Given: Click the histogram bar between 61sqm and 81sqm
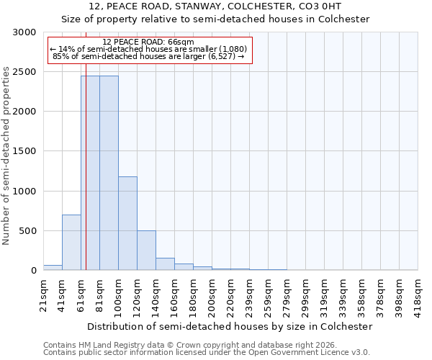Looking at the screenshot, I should [90, 173].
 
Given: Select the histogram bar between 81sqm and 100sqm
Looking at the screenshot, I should [109, 173].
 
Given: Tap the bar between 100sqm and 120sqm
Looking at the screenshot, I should [127, 223].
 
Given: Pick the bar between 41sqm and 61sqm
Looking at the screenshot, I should [71, 243].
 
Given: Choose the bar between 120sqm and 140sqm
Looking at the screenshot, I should [146, 251].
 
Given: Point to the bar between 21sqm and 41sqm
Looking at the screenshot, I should [53, 267].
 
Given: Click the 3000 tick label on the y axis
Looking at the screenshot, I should [24, 32].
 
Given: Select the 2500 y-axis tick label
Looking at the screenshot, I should [24, 72].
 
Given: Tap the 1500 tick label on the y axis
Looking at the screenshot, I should [24, 151].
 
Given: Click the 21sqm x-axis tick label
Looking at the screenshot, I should [43, 295].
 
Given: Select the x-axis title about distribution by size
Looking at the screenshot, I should [230, 326].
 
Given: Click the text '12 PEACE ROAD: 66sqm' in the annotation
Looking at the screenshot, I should [148, 42].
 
